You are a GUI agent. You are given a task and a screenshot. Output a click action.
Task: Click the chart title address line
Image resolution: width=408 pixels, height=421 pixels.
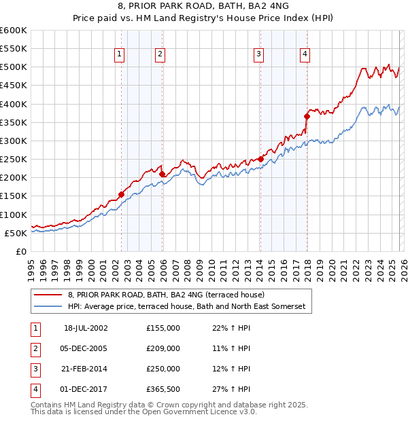point(204,7)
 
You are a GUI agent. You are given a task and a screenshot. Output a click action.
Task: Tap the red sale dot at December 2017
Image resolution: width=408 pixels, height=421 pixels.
point(307,117)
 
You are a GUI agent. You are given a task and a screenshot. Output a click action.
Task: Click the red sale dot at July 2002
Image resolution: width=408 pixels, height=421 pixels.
point(121,194)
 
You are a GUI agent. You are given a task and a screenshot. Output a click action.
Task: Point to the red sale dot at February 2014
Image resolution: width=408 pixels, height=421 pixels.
point(260,159)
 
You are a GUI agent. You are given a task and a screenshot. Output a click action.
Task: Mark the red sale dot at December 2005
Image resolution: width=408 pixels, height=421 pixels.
point(162,175)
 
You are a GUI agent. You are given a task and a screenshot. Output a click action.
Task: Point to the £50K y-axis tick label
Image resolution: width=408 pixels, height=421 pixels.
point(16,233)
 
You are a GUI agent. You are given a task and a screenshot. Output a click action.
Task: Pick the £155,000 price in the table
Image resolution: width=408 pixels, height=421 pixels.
point(163,327)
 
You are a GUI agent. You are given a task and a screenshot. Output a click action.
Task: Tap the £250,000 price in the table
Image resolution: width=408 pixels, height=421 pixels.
point(163,369)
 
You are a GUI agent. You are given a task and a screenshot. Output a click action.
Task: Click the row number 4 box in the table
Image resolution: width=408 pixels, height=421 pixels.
point(33,390)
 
